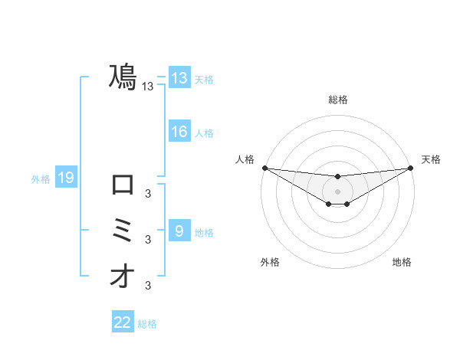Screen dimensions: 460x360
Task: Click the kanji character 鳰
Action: [123, 77]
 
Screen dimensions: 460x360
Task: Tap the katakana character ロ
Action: [123, 185]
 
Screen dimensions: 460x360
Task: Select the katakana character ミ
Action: [123, 231]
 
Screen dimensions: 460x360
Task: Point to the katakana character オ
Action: [123, 277]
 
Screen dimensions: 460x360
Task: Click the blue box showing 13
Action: [179, 78]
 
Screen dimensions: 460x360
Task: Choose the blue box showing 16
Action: [179, 132]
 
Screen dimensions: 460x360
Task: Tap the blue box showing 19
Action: [65, 178]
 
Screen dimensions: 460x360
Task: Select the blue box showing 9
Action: [179, 231]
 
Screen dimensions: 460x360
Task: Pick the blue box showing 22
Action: [123, 322]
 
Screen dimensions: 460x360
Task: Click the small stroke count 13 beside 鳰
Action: [148, 87]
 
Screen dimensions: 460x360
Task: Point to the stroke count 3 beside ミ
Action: [148, 240]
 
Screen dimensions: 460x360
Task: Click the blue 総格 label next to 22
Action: [147, 324]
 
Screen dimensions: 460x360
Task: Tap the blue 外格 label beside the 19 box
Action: [41, 179]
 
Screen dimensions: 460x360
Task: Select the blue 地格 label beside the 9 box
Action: [204, 232]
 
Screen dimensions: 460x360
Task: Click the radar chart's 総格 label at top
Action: [337, 100]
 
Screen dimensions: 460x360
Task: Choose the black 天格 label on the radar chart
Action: [431, 159]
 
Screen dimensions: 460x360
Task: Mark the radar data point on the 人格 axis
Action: [264, 168]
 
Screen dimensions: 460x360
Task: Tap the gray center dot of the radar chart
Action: [337, 191]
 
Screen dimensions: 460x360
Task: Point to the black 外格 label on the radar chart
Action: [270, 262]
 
